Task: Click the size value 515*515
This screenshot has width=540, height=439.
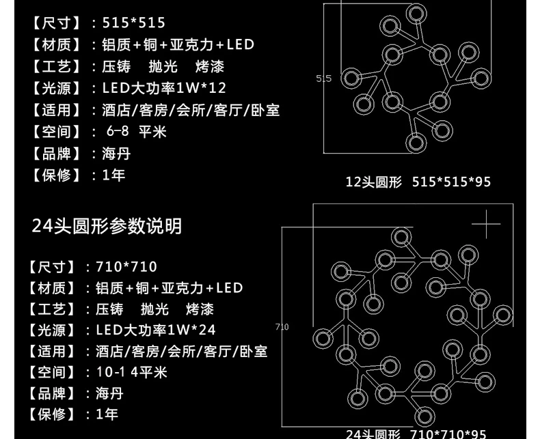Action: point(134,23)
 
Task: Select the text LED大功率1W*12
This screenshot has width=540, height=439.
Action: point(164,88)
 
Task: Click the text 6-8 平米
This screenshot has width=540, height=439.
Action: point(137,131)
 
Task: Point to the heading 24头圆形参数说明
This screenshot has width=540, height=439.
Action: point(107,226)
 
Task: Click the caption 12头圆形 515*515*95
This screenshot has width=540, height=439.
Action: point(418,182)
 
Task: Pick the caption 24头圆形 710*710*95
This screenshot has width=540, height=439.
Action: point(416,434)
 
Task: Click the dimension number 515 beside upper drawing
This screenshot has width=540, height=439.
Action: point(323,79)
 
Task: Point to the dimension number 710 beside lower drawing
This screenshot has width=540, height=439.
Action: point(282,327)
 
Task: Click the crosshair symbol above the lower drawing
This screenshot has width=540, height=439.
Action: point(486,225)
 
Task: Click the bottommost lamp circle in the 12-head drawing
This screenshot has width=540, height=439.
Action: point(414,143)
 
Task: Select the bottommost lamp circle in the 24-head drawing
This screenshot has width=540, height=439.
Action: point(424,415)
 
